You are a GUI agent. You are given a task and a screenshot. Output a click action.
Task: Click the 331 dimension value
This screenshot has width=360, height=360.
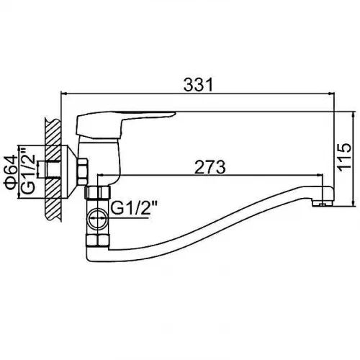click(x=198, y=84)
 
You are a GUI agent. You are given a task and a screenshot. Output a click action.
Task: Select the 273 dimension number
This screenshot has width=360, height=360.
click(x=210, y=167)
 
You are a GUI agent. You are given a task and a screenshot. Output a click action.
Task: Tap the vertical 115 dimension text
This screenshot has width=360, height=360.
click(x=344, y=158)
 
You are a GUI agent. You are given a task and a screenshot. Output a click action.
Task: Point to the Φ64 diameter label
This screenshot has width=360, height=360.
click(x=11, y=172)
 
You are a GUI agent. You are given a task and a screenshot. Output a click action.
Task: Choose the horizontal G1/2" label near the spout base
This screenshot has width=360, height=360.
click(x=134, y=208)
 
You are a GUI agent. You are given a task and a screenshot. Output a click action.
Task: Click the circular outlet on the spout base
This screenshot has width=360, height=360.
click(x=98, y=219)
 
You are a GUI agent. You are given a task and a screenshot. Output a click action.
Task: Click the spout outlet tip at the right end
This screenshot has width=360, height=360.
click(x=323, y=204)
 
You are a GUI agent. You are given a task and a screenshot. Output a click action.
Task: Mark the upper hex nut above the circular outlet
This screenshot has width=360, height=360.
click(x=98, y=192)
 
